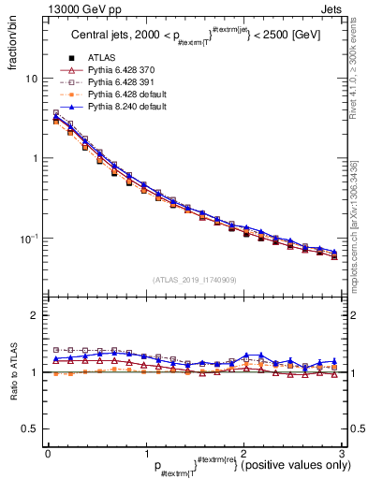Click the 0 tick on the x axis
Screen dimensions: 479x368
tap(48, 454)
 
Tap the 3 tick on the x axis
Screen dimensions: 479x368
tap(343, 454)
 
